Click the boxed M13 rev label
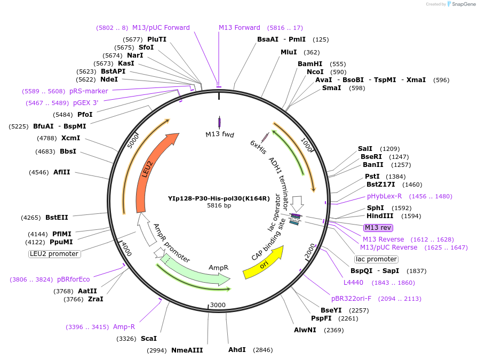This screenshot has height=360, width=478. pos(378,227)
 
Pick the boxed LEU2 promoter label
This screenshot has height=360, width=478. pos(54,254)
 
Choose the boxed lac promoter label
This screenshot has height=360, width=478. pos(376,259)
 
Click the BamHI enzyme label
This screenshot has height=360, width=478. pos(310,64)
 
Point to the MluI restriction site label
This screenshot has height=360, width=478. pos(289,52)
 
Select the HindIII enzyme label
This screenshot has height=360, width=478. pos(380,216)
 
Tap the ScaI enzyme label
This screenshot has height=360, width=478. pos(149,339)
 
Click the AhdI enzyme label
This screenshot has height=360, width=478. pos(237,350)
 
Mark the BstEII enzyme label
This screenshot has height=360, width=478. pos(57,218)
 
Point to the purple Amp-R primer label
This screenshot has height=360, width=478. pos(124,327)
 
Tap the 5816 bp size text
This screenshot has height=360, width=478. pos(219,205)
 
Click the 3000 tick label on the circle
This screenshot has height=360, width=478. pos(219,305)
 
